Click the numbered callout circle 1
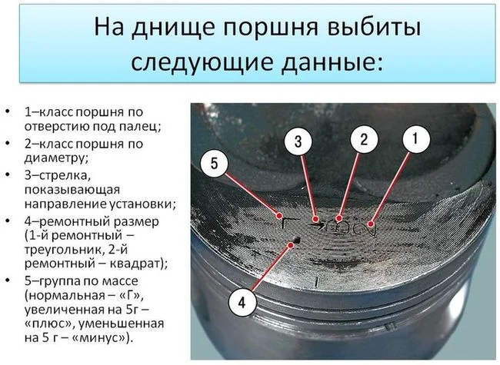coord(416,139)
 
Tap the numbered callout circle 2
coord(364,139)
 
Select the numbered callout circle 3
coord(298,141)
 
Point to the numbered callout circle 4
coord(242,302)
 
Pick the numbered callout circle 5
coord(214,164)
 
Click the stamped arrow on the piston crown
coord(317,225)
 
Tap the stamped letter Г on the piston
coord(285,224)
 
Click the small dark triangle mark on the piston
coord(298,240)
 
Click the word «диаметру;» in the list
coord(56,158)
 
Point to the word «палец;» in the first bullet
coord(140,127)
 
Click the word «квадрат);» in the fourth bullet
coord(138,264)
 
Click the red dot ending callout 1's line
coord(371,224)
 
